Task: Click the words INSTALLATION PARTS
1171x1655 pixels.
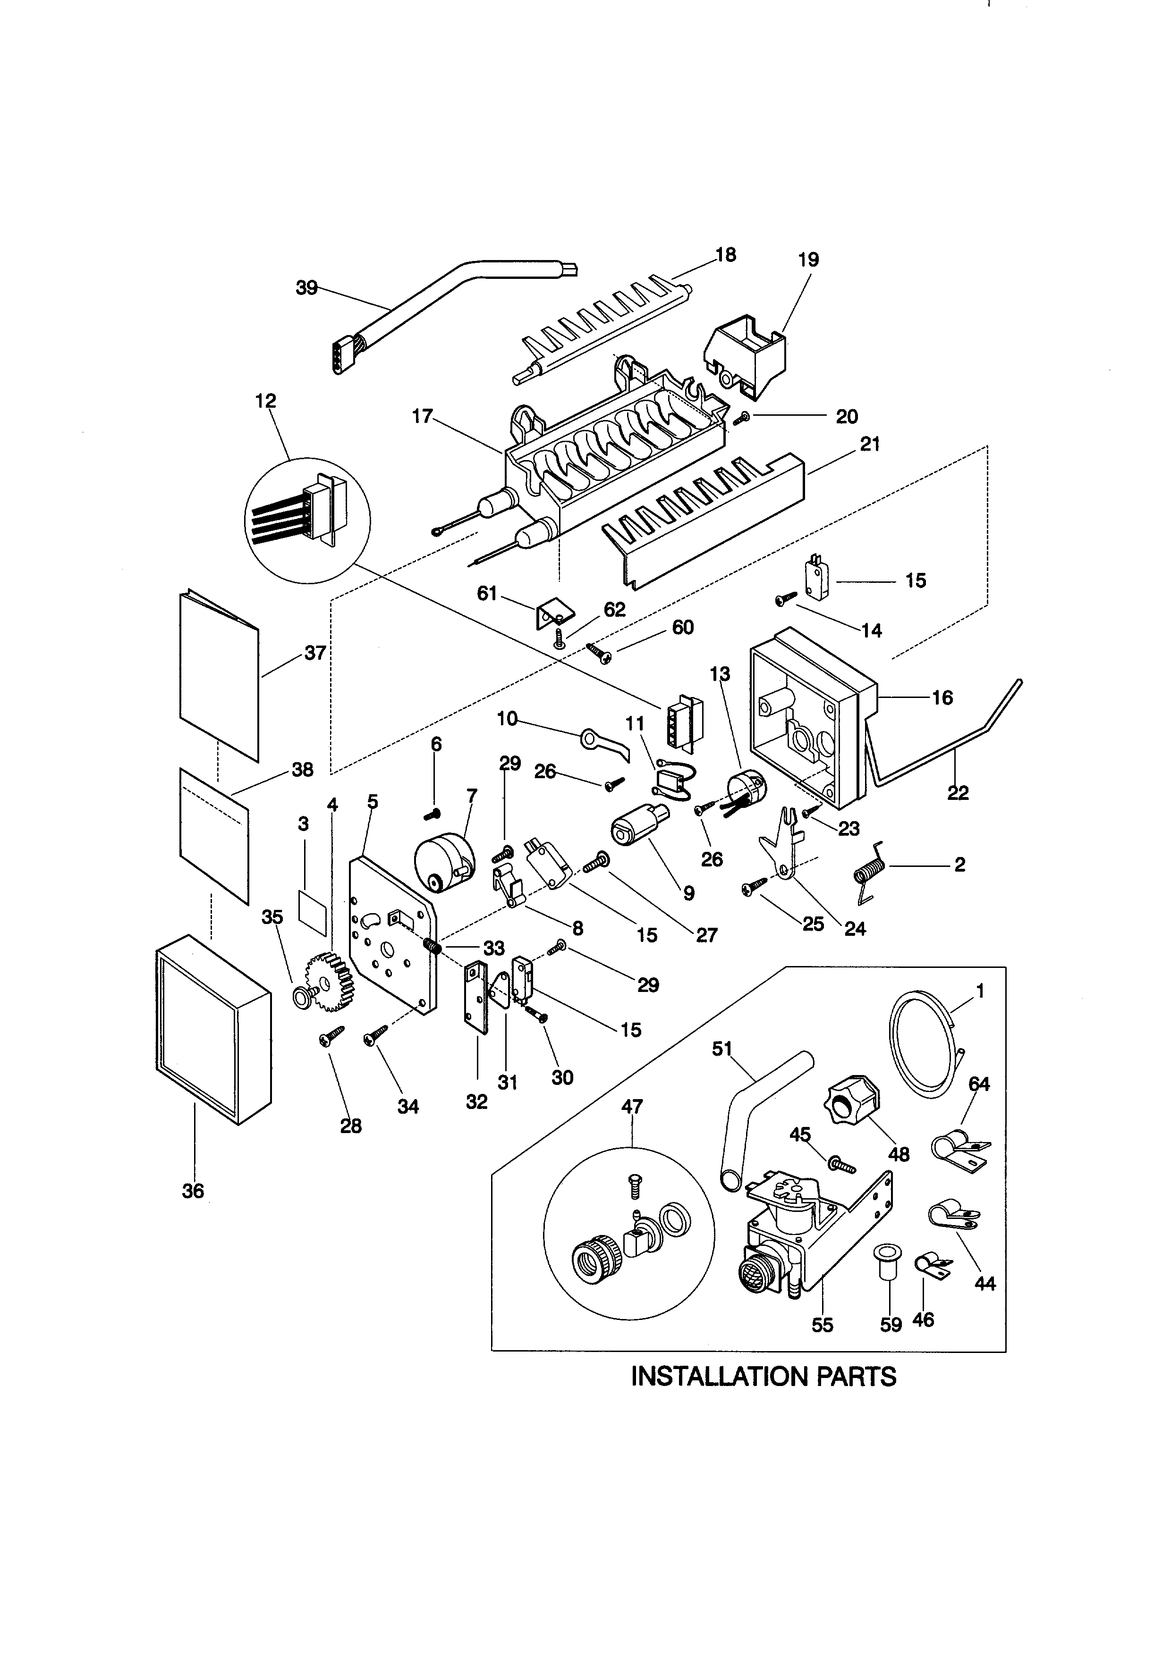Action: click(x=763, y=1376)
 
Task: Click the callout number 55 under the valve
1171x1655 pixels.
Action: click(x=822, y=1325)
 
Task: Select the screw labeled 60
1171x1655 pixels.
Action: click(x=598, y=652)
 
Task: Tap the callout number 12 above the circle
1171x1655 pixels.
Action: click(x=265, y=401)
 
